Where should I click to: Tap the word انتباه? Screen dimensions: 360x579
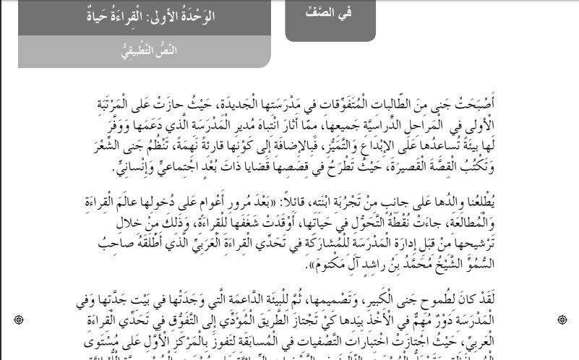point(267,119)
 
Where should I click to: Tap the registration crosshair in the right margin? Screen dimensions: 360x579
point(562,319)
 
